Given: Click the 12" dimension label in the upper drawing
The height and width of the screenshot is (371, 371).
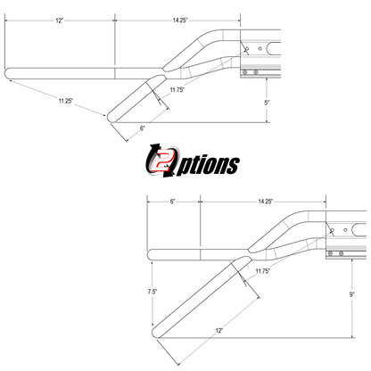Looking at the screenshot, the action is (60, 21).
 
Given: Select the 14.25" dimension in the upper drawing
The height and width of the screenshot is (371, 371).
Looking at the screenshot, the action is (180, 21).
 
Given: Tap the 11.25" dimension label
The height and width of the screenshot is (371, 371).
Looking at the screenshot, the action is (66, 101).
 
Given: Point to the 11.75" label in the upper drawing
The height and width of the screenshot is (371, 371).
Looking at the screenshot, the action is (177, 90).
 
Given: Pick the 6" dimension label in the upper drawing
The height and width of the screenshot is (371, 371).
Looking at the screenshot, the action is (143, 128).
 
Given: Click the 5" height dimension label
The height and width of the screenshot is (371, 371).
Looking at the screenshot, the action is (267, 103).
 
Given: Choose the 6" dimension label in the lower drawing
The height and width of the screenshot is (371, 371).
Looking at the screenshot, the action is (173, 202).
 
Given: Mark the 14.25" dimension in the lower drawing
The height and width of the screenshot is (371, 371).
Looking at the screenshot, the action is (266, 202).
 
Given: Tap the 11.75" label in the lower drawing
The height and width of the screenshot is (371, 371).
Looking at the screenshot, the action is (263, 271).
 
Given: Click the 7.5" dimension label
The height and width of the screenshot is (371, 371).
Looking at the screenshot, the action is (153, 292).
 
